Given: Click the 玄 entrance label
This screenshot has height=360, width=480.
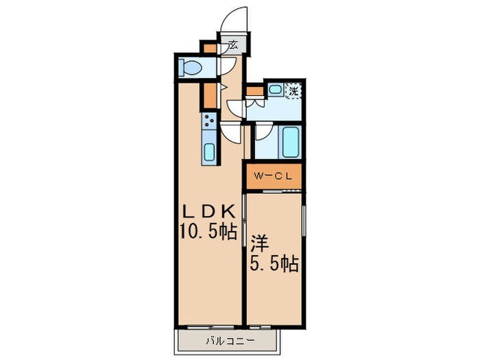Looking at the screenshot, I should point(233,45).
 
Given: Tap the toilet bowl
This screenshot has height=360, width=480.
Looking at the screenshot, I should point(189,69).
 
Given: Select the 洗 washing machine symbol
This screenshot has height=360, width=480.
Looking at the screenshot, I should point(293,90).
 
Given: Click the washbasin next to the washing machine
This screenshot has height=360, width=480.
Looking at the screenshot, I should point(275,89).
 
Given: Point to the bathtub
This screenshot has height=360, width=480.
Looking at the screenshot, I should point(289,141).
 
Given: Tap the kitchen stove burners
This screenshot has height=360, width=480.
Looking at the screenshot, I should point(209,123).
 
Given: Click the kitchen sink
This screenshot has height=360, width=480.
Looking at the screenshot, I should point(209,152).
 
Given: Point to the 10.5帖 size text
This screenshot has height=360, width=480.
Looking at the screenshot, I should point(208,232).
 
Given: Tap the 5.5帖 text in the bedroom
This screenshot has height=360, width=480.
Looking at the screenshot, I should point(274,264).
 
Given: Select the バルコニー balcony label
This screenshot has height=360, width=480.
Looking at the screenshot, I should point(230,340).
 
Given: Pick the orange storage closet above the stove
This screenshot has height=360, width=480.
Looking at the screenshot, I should point(208,96).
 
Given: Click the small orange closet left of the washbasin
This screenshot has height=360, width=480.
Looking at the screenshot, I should point(254,90).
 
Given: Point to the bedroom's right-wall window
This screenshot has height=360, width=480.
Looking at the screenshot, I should point(304,226).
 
